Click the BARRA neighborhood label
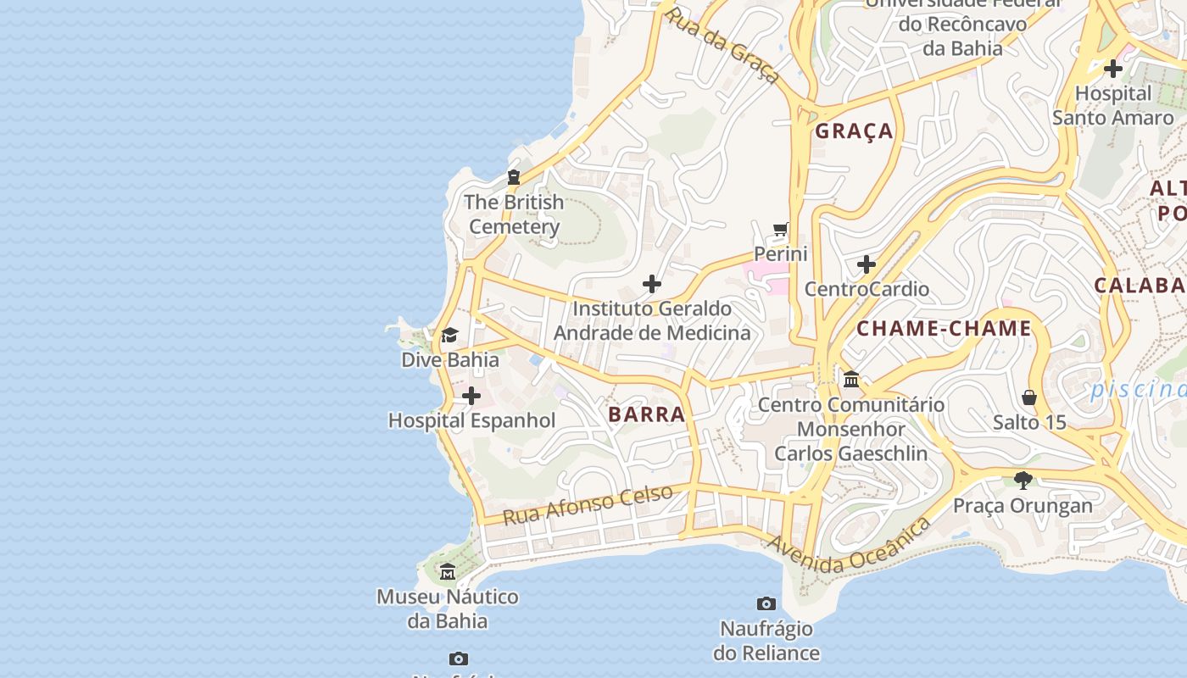[x=646, y=414]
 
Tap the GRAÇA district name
[x=854, y=131]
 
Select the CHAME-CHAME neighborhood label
[x=944, y=329]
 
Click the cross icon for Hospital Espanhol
[x=471, y=396]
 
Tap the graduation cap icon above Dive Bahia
[x=449, y=336]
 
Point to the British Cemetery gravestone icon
[x=513, y=177]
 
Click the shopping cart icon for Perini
[x=781, y=230]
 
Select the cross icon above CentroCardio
[x=866, y=264]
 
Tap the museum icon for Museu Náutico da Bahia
[x=447, y=572]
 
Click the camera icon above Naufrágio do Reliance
[x=766, y=604]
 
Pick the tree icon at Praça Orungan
[x=1023, y=481]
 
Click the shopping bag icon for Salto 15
[x=1029, y=397]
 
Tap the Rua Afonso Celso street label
[x=588, y=504]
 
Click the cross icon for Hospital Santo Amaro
[x=1113, y=69]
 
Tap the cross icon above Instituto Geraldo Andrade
[x=652, y=284]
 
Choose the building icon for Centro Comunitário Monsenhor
[x=851, y=379]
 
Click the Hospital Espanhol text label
[x=471, y=420]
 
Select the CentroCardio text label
[x=867, y=289]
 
